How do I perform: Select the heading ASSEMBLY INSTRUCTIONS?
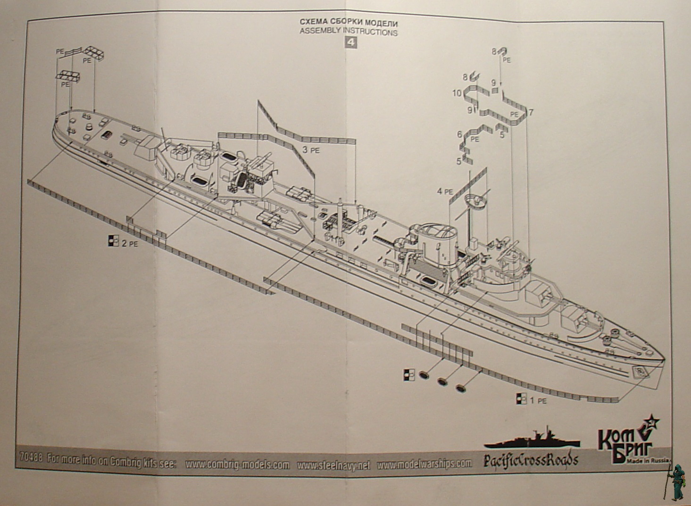349,33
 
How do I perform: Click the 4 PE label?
444,192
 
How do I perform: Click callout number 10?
456,93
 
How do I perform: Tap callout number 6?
459,134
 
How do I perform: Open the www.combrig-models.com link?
237,464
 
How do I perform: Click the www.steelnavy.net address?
333,465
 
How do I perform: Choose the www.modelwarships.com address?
425,465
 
